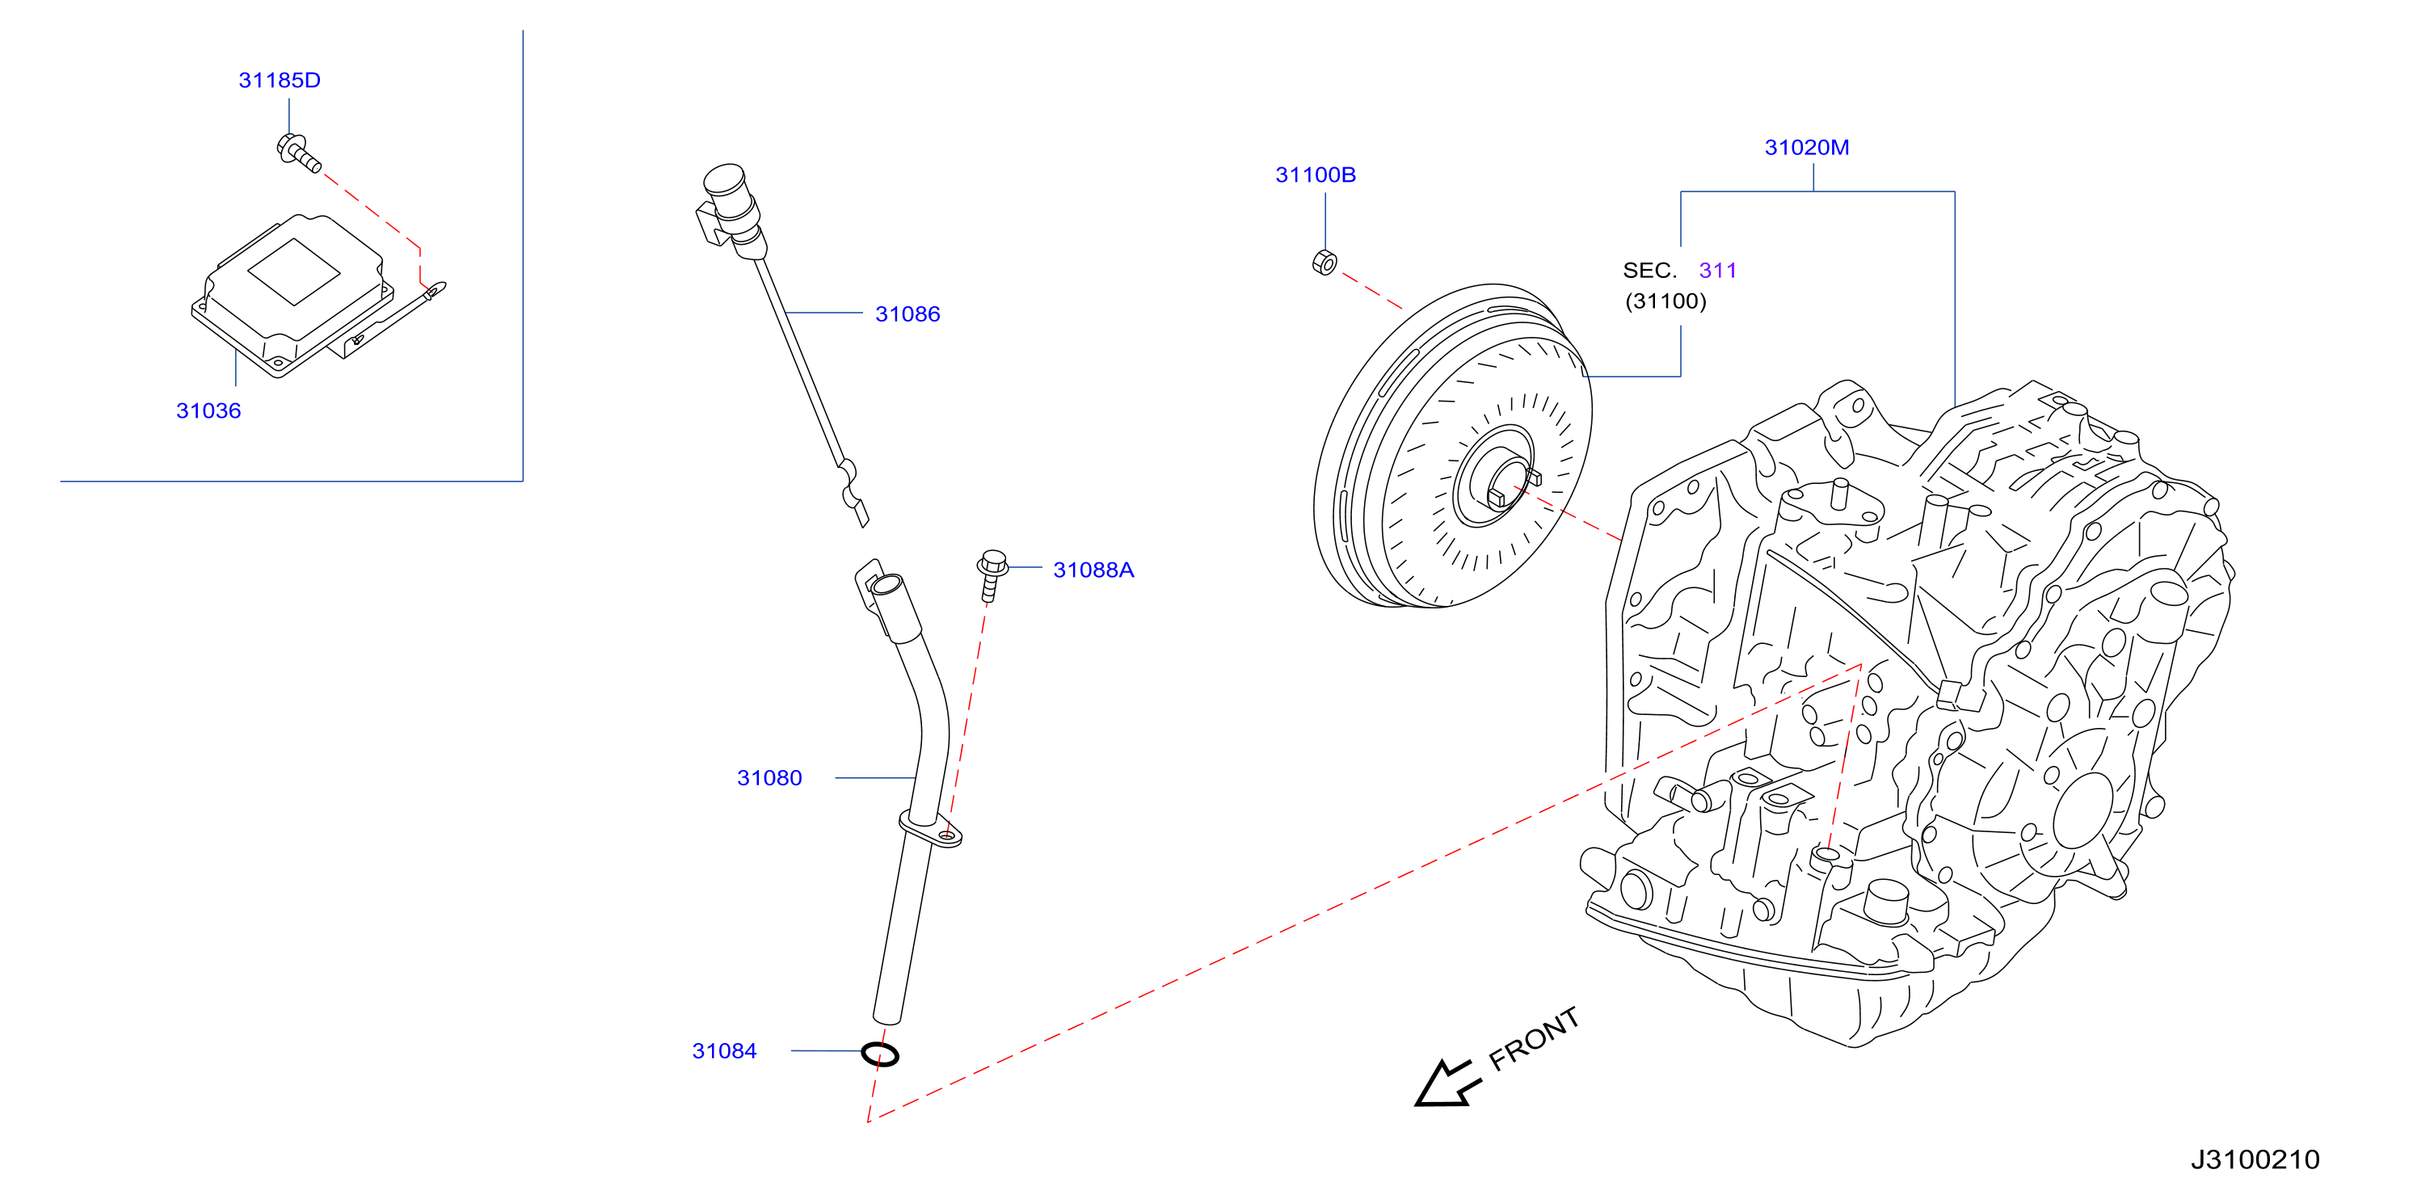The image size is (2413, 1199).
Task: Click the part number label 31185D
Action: point(279,81)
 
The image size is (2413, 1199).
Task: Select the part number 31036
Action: point(208,411)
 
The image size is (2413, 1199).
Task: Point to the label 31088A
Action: point(1093,570)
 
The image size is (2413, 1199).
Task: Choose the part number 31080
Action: point(769,778)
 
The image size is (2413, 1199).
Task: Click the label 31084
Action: point(724,1052)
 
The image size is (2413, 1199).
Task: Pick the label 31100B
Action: point(1315,175)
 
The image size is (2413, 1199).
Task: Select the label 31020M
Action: point(1806,148)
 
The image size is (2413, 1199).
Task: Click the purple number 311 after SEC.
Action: point(1718,271)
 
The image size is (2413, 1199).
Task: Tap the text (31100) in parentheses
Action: point(1666,301)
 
